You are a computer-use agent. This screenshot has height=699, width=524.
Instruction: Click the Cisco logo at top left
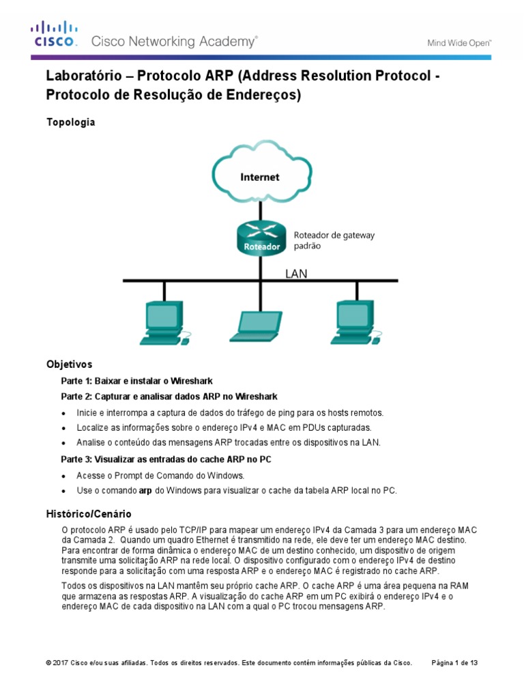click(53, 34)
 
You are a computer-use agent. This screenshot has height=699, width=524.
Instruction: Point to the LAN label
click(296, 273)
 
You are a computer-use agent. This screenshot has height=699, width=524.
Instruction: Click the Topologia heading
click(70, 122)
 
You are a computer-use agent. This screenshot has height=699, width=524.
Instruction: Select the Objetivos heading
click(69, 365)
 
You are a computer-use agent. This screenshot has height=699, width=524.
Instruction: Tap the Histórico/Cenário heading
click(89, 513)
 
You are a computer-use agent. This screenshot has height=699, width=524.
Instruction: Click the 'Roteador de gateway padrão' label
click(334, 240)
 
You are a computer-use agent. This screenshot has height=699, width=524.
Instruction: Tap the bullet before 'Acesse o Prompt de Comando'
click(64, 476)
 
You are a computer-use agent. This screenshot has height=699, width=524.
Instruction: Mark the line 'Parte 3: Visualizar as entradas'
click(166, 459)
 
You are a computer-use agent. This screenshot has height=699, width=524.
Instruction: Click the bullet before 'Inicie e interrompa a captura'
click(64, 413)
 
